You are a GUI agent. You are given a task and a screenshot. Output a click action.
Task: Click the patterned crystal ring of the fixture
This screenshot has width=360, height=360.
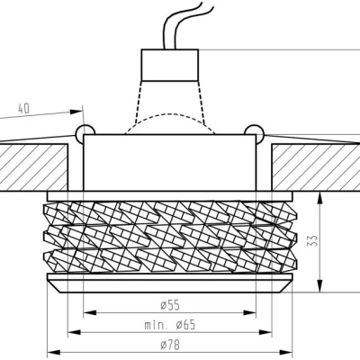[x=172, y=238]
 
